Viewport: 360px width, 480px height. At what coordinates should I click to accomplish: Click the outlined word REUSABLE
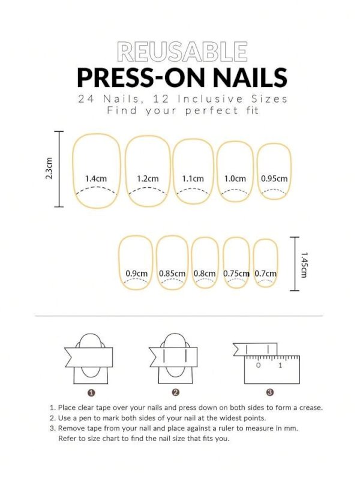point(182,52)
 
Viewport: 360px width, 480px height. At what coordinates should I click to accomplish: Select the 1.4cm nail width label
point(95,179)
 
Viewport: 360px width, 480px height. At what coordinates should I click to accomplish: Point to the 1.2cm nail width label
point(148,179)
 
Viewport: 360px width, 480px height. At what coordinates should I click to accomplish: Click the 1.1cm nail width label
point(193,179)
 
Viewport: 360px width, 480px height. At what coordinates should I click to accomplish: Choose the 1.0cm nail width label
point(235,179)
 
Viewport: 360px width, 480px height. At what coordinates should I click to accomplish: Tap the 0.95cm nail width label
point(274,179)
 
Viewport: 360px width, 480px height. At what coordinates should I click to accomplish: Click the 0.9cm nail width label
point(136,274)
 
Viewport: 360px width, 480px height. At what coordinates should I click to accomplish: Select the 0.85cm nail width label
point(172,274)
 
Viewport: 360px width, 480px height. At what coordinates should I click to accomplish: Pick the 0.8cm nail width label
point(205,274)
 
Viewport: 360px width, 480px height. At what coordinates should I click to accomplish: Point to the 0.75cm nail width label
point(236,274)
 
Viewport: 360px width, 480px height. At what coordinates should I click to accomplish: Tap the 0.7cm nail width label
point(266,274)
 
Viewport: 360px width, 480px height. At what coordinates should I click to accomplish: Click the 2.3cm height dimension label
point(50,169)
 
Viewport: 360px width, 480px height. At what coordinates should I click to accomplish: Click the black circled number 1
point(91,392)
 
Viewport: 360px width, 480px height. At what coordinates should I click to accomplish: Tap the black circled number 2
point(176,392)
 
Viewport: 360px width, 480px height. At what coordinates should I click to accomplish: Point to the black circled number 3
point(270,392)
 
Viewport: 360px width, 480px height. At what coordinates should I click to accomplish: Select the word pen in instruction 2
point(88,418)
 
